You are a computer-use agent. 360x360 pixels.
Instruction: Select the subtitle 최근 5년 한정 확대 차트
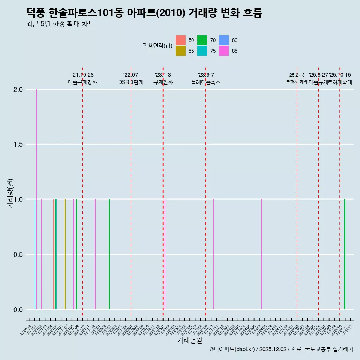tap(60, 24)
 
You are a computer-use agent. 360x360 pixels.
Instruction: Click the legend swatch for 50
tap(180, 40)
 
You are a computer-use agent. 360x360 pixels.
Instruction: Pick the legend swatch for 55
tap(180, 51)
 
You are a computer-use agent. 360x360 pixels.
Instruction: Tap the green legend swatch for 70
tap(202, 40)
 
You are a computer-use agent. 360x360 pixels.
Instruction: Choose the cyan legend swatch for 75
tap(202, 51)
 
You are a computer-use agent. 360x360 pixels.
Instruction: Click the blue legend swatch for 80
tap(224, 40)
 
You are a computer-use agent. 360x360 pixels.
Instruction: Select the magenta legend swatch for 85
tap(224, 51)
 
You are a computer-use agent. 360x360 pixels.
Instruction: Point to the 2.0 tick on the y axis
tap(19, 90)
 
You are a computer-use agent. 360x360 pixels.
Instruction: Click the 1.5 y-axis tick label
tap(19, 144)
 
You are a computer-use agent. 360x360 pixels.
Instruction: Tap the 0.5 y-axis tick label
tap(19, 254)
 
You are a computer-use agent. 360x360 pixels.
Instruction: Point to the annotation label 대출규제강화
tap(82, 82)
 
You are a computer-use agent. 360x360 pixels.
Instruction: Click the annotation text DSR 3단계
tap(130, 82)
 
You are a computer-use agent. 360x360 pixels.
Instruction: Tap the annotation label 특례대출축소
tap(206, 82)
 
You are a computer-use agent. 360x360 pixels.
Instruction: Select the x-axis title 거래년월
tap(189, 340)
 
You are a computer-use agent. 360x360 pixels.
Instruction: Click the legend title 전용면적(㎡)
tap(157, 46)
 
